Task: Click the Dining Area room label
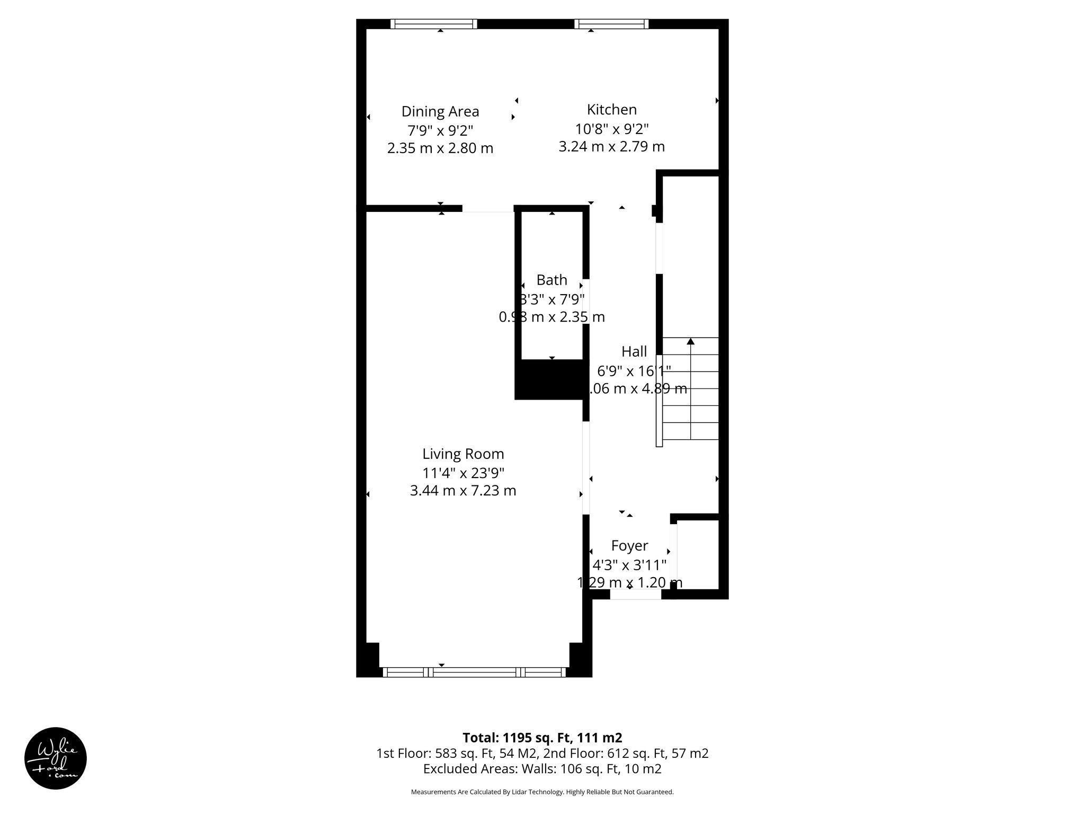[x=440, y=111]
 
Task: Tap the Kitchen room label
[x=611, y=110]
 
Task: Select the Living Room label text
[x=463, y=454]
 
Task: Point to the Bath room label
[x=552, y=280]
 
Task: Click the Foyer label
[x=629, y=546]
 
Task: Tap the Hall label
[x=634, y=351]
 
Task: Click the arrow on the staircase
[x=690, y=342]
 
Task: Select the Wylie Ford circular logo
[x=56, y=758]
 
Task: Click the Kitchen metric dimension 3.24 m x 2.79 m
[x=611, y=146]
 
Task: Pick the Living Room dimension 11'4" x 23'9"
[x=463, y=472]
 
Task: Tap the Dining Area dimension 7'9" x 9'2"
[x=440, y=130]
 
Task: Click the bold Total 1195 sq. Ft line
[x=542, y=738]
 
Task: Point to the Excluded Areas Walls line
[x=542, y=768]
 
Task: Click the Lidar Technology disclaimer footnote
[x=542, y=792]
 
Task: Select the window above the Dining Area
[x=433, y=24]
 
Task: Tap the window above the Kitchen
[x=611, y=24]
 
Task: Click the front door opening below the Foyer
[x=635, y=595]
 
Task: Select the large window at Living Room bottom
[x=474, y=672]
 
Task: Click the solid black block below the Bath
[x=551, y=379]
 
